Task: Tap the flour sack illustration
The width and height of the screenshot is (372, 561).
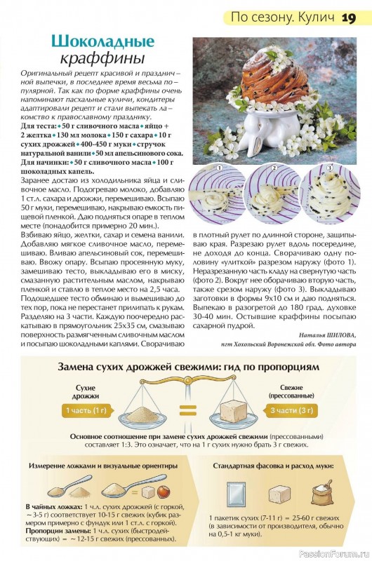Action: [x=321, y=494]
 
